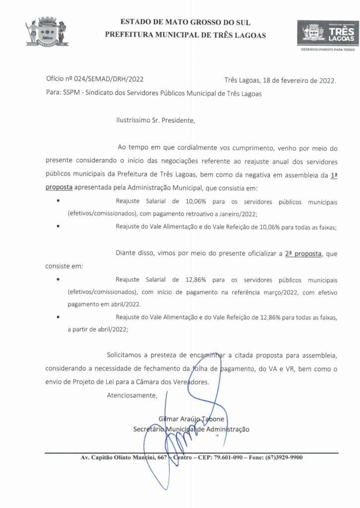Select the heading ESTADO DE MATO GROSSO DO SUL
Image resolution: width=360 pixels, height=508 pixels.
click(x=185, y=22)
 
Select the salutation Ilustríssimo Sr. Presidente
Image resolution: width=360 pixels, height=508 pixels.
click(x=155, y=120)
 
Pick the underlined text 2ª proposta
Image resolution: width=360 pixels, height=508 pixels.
click(x=303, y=254)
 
